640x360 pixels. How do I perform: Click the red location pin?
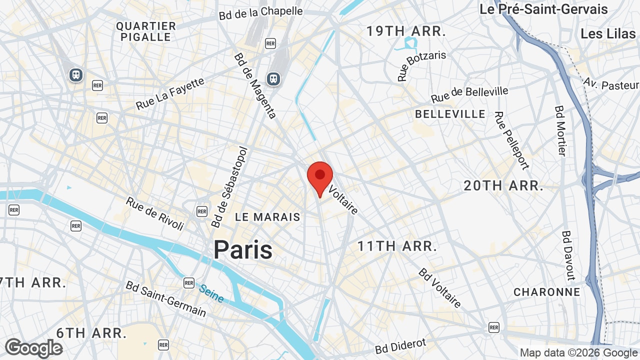point(320,178)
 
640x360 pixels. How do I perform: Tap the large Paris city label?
point(243,249)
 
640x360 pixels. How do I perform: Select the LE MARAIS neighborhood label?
point(267,217)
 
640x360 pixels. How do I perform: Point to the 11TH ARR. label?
point(397,246)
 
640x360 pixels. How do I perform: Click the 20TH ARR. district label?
point(503,185)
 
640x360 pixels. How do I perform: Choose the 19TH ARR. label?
point(406,31)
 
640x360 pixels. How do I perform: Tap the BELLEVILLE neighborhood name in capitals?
point(450,114)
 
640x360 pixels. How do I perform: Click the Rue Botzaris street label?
point(421,65)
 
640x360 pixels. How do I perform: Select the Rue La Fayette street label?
point(170,93)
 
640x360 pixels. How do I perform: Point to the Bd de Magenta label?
point(255,85)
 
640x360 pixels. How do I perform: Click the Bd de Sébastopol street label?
point(230,186)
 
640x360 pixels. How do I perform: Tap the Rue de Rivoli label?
point(154,213)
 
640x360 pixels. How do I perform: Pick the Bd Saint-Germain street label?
point(165,298)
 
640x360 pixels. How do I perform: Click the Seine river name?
point(211,293)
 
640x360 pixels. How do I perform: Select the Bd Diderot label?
point(401,346)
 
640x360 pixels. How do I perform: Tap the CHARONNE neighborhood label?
point(547,292)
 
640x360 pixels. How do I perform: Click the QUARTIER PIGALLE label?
point(146,31)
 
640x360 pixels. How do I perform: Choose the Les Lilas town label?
point(608,33)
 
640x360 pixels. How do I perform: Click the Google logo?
point(33,348)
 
